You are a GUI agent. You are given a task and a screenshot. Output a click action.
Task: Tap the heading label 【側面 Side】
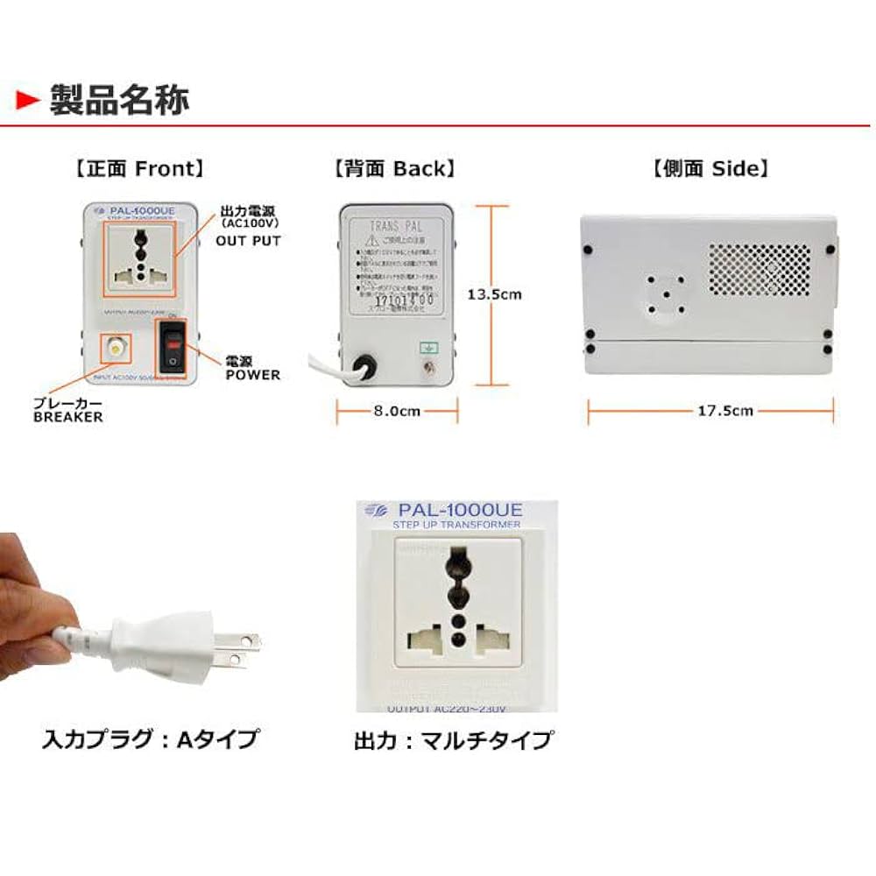coord(710,168)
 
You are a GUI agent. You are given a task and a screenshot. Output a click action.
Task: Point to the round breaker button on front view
coord(115,349)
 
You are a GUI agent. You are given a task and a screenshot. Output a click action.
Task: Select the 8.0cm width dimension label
coord(396,410)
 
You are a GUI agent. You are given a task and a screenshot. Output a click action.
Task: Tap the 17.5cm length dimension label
coord(709,410)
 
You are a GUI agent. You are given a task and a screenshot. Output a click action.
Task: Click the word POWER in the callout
coord(252,375)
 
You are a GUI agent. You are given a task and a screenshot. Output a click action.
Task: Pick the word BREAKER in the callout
coord(67,418)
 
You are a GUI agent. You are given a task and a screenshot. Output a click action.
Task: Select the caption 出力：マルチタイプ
coord(453,740)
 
